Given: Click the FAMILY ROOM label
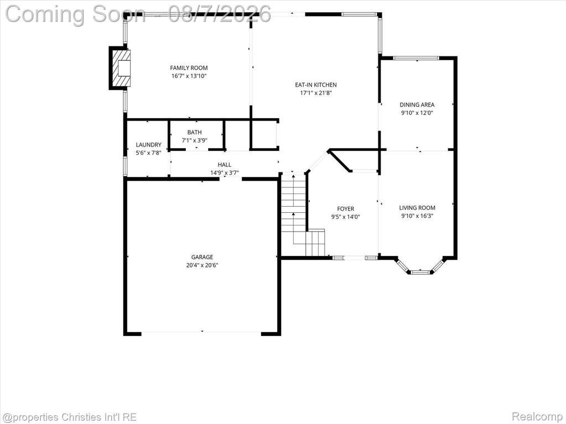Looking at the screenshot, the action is click(189, 68).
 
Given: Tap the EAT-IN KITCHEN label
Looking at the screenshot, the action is click(316, 85).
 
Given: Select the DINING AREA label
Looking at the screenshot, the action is click(417, 104).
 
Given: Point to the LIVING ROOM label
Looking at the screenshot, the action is click(417, 208).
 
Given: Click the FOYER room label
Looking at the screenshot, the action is click(345, 209).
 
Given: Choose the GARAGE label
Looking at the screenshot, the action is click(202, 257).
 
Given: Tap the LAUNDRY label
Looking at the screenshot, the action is click(148, 145).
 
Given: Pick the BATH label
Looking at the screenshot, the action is click(195, 132).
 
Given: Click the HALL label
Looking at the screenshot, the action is click(225, 164).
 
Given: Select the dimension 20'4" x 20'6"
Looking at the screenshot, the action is click(202, 265).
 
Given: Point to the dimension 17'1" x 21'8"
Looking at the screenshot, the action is click(316, 93).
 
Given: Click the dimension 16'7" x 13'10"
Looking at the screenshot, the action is click(189, 76).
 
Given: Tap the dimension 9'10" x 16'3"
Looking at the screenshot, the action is click(417, 216).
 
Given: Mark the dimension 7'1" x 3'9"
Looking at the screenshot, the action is click(195, 140).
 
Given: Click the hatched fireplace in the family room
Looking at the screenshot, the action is click(120, 68).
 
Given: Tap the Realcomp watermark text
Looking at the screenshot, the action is click(538, 417).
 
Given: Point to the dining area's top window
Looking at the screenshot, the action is click(416, 57).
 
